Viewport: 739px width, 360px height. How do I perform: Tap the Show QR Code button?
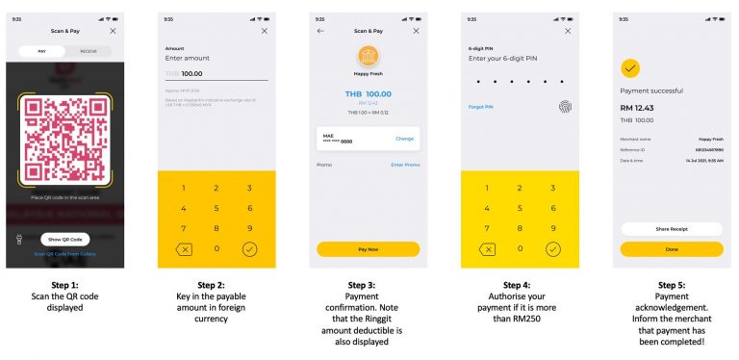66,239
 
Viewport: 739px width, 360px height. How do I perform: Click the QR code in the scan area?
66,141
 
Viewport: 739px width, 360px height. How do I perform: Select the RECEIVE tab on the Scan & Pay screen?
89,50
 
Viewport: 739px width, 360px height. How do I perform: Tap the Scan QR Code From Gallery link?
66,254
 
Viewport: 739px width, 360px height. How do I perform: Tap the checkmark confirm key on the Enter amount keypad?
249,248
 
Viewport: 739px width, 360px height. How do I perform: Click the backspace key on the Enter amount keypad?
184,248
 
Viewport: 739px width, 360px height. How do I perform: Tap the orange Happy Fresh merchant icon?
368,56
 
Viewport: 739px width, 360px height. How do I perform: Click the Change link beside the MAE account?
404,139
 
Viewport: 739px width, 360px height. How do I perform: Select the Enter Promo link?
404,165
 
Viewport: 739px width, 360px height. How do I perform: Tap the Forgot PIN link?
482,107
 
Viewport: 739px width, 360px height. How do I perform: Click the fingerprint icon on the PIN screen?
564,107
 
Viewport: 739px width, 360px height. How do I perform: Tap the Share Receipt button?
672,229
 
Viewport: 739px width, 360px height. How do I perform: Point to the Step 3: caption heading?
368,285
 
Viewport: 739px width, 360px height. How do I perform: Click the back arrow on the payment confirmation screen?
320,31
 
